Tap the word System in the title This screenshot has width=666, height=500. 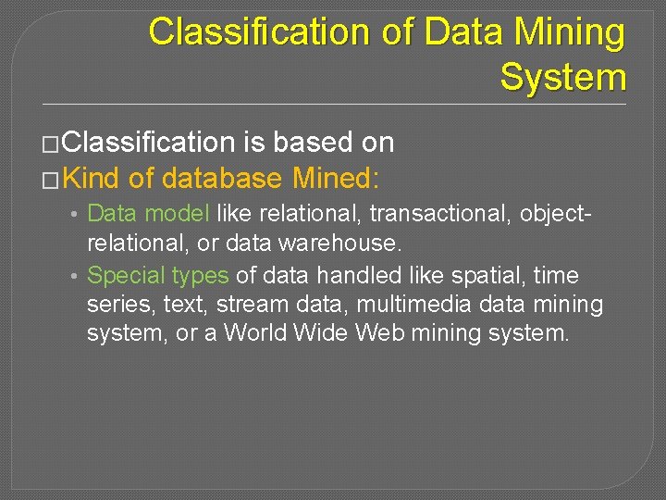click(x=562, y=77)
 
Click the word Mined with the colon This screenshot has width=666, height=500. click(x=336, y=176)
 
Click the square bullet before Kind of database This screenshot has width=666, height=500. click(x=52, y=177)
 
